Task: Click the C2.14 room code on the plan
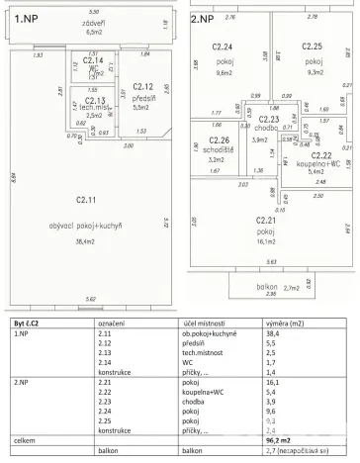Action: point(94,60)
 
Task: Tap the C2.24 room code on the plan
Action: point(223,47)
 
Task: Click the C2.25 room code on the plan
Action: point(312,46)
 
